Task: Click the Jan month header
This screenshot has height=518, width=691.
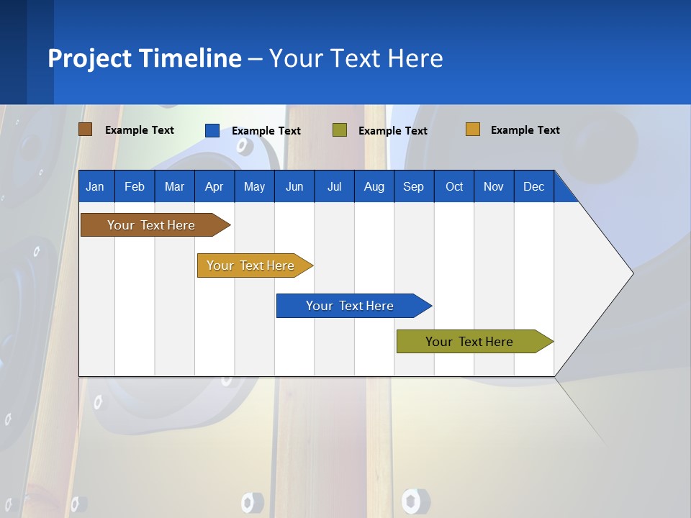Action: pos(95,187)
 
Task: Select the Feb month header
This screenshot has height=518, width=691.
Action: pos(135,187)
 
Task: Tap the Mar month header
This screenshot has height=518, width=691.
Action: pos(174,187)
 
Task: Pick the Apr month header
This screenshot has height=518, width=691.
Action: pos(214,187)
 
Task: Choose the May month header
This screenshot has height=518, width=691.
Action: pos(254,187)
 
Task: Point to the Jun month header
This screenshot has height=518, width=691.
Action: pos(294,187)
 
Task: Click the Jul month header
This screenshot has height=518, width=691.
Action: pos(334,187)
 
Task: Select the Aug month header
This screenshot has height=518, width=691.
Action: pos(374,187)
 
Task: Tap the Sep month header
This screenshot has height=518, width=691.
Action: pos(414,187)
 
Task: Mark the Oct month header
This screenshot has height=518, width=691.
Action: pos(454,187)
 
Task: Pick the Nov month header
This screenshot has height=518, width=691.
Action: pos(494,187)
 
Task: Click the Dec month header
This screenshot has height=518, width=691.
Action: pos(534,187)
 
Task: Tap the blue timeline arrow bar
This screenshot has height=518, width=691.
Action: pos(351,306)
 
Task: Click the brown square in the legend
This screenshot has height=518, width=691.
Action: pos(86,129)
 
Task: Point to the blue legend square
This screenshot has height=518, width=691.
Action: pos(212,130)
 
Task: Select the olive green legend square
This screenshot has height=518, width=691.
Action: pos(340,130)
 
